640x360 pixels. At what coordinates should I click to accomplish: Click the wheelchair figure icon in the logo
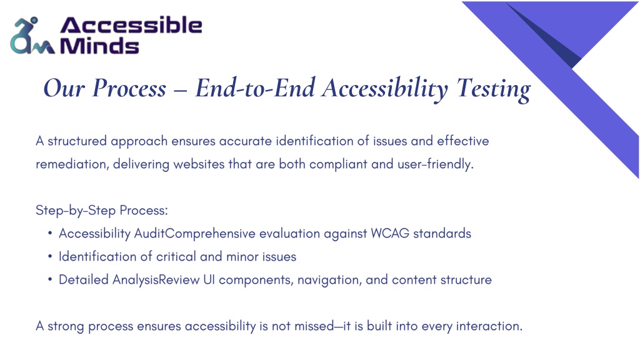click(x=32, y=36)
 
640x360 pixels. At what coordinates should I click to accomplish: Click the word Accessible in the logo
click(x=131, y=25)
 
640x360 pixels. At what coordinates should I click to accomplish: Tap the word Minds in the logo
click(x=99, y=45)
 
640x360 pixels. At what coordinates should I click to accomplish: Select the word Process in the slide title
click(x=129, y=88)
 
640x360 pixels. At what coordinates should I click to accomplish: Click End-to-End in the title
click(x=256, y=87)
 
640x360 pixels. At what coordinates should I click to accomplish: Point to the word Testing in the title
click(x=494, y=89)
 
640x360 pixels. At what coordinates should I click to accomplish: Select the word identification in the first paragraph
click(x=315, y=141)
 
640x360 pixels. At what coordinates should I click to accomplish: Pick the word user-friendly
click(x=436, y=164)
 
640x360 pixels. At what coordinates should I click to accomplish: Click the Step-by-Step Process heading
click(x=102, y=211)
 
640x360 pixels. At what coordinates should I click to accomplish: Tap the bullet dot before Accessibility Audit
click(x=50, y=234)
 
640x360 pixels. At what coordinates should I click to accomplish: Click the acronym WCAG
click(x=390, y=234)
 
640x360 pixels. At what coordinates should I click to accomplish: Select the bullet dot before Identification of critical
click(x=50, y=257)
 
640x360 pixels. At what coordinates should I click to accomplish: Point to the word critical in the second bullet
click(x=176, y=257)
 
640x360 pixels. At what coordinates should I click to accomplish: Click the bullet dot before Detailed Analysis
click(x=50, y=280)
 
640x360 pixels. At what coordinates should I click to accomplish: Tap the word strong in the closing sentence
click(x=66, y=326)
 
